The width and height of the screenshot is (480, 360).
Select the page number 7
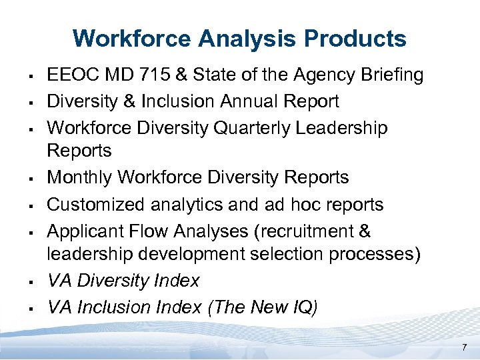[464, 347]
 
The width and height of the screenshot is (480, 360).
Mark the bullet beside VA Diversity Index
[32, 282]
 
